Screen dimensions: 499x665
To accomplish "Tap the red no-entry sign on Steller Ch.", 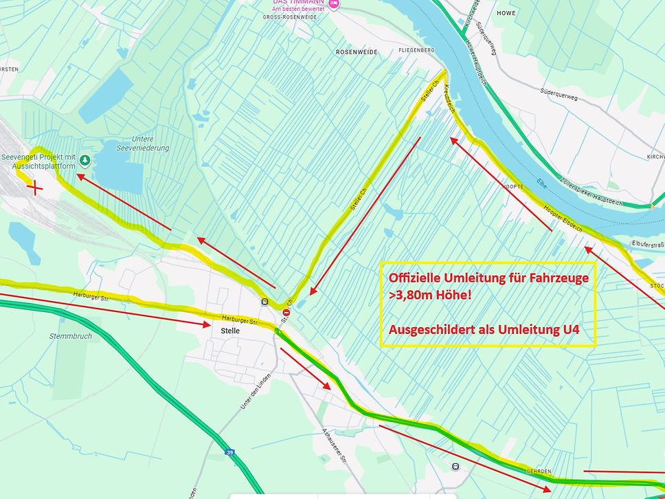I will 286,313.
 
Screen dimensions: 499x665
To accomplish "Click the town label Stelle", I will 230,331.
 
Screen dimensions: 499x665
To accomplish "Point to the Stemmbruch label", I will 71,336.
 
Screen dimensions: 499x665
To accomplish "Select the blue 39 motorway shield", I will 229,453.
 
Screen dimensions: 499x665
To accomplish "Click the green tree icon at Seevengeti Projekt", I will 85,161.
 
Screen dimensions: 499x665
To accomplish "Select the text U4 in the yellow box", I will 567,329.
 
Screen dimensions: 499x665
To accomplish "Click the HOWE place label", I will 506,13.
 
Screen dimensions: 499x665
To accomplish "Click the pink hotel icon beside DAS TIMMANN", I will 334,3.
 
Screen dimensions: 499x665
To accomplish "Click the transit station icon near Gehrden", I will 455,467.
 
